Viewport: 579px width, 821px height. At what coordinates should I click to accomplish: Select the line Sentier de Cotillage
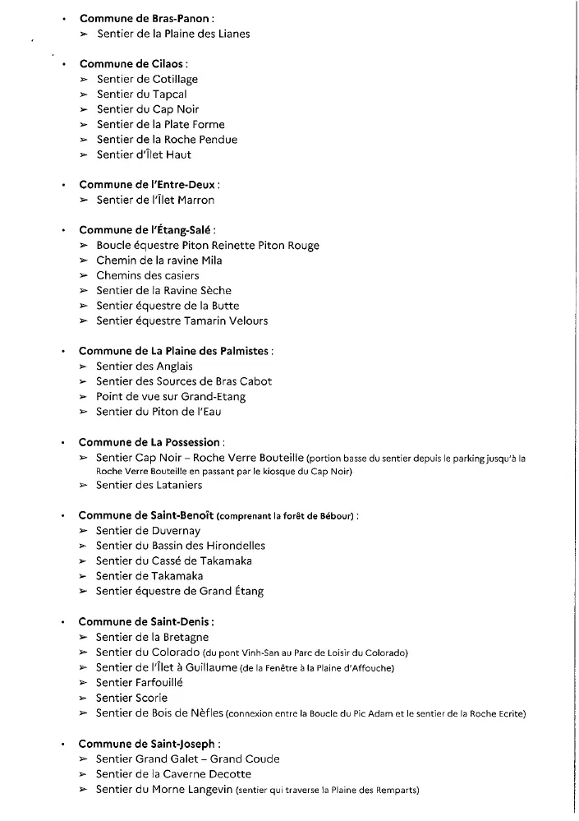pos(147,79)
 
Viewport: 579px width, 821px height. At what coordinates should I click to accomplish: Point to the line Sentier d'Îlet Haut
pos(144,155)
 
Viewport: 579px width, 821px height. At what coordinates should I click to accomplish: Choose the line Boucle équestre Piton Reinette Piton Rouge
pos(208,245)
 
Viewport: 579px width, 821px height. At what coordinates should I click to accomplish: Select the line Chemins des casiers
pos(148,275)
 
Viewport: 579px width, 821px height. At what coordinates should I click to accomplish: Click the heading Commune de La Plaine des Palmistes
pos(174,351)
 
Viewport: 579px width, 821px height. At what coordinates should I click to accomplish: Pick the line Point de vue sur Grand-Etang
pos(171,396)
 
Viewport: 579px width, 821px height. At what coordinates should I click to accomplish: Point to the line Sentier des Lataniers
pos(149,485)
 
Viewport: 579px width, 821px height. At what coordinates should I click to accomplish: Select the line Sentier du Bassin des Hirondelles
pos(181,546)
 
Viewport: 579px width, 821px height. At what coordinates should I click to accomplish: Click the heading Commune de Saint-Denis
pos(145,622)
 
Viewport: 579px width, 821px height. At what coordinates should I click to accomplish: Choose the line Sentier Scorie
pos(131,698)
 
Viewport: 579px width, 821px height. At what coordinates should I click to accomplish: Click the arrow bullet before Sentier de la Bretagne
pos(84,638)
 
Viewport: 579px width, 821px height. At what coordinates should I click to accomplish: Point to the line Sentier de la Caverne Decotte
pos(173,774)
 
